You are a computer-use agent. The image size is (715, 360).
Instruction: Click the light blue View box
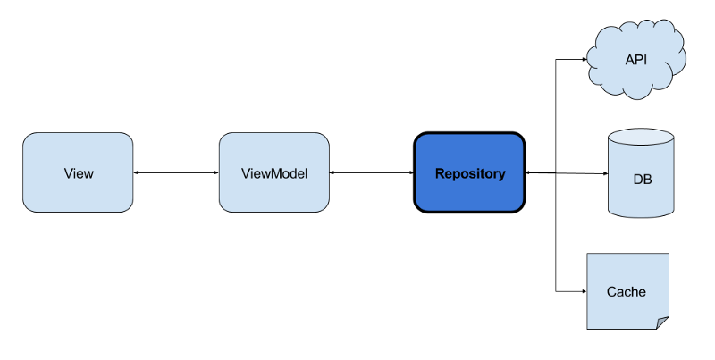pos(78,172)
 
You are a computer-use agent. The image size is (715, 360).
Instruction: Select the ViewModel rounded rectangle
pos(273,172)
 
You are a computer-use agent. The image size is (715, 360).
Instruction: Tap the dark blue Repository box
pos(469,172)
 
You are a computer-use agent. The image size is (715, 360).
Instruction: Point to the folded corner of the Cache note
pos(661,322)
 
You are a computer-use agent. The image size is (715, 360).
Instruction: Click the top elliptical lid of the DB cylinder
pos(642,139)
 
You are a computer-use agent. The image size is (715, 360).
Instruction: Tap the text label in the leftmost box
pos(79,173)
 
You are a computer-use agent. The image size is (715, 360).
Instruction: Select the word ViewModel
pos(274,173)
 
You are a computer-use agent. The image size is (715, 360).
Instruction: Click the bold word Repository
pos(469,173)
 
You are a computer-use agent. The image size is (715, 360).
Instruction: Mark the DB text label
pos(642,180)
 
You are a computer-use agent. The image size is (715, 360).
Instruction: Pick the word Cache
pos(626,291)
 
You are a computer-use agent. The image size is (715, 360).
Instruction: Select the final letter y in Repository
pos(501,175)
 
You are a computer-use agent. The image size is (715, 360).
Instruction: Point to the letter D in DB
pos(637,180)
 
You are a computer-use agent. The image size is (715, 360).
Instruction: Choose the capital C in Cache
pos(611,291)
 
